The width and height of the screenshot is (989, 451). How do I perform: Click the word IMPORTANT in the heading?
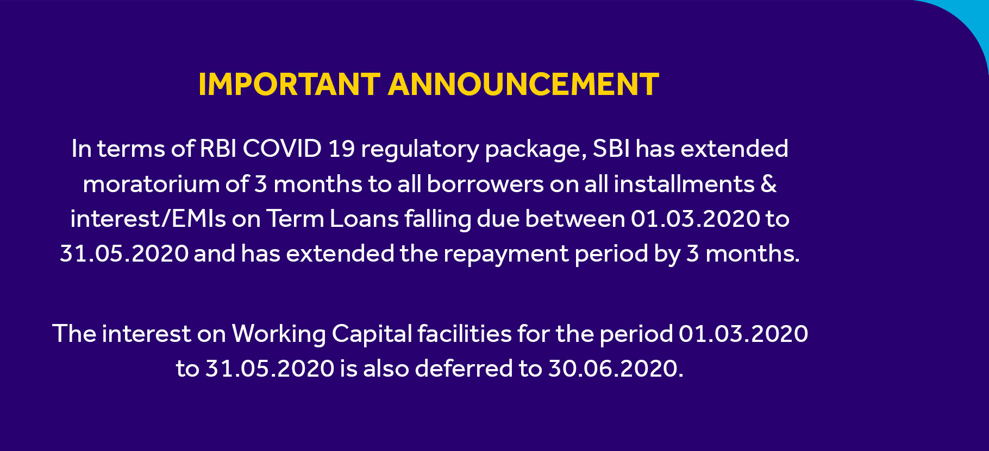(x=289, y=85)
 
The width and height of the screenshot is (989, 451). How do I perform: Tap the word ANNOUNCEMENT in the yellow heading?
(x=523, y=85)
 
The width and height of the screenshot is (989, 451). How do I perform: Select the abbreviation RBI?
(x=218, y=149)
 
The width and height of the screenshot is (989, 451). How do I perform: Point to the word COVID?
(x=282, y=149)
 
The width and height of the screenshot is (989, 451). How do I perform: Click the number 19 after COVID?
(x=341, y=149)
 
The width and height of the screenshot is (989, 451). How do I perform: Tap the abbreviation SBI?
(x=611, y=149)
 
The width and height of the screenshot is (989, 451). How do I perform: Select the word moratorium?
(x=151, y=185)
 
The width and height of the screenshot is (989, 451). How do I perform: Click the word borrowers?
(x=485, y=185)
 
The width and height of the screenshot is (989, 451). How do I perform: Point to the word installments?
(x=684, y=185)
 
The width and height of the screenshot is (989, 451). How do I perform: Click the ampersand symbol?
(x=768, y=185)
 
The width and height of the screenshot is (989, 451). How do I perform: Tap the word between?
(x=575, y=219)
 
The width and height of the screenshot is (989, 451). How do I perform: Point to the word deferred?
(x=464, y=369)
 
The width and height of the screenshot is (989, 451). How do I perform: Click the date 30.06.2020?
(x=616, y=369)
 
